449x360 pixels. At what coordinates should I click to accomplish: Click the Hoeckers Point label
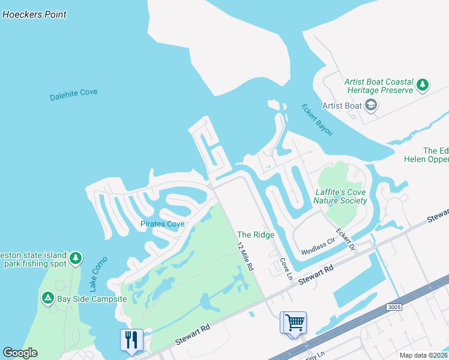pos(35,14)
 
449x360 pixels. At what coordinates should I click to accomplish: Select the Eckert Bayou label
pos(316,119)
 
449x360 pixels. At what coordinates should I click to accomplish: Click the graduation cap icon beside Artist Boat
pos(371,106)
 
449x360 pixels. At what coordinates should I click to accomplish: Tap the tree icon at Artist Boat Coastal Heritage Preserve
pos(423,85)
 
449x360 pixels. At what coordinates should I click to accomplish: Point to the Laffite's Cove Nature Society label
pos(341,196)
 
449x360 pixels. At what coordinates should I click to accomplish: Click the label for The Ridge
pos(256,235)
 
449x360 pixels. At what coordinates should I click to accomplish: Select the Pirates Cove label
pos(163,224)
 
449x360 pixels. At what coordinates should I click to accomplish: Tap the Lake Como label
pos(95,273)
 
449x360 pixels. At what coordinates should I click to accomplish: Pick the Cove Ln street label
pos(285,268)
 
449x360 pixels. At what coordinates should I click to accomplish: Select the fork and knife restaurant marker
pos(131,340)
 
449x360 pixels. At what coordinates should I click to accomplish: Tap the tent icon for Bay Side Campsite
pos(47,298)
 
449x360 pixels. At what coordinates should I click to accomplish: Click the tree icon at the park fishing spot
pos(75,259)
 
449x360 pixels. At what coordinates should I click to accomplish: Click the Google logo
pos(20,353)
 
